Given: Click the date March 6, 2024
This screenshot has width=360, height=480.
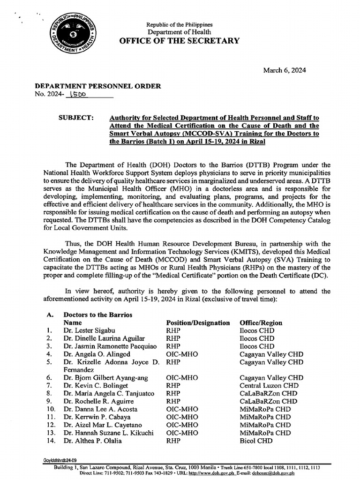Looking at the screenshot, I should [x=285, y=70].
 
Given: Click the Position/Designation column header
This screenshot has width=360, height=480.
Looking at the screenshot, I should [x=198, y=323].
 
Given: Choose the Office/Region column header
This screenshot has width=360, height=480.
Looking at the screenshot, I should [x=261, y=323].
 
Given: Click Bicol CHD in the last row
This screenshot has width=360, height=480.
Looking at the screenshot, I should [x=256, y=441].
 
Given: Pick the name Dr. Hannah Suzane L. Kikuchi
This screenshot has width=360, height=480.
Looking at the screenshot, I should [x=108, y=433].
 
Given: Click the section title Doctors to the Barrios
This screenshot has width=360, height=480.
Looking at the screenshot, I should [x=97, y=315].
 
